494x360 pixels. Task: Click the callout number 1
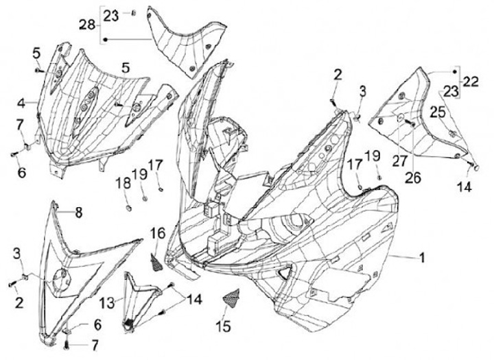(422, 259)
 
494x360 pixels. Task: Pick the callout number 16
(156, 234)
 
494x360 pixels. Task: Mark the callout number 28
(86, 25)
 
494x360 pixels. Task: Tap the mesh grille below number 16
(158, 262)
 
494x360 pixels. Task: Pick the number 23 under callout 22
(451, 92)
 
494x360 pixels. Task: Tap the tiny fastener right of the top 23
(134, 12)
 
